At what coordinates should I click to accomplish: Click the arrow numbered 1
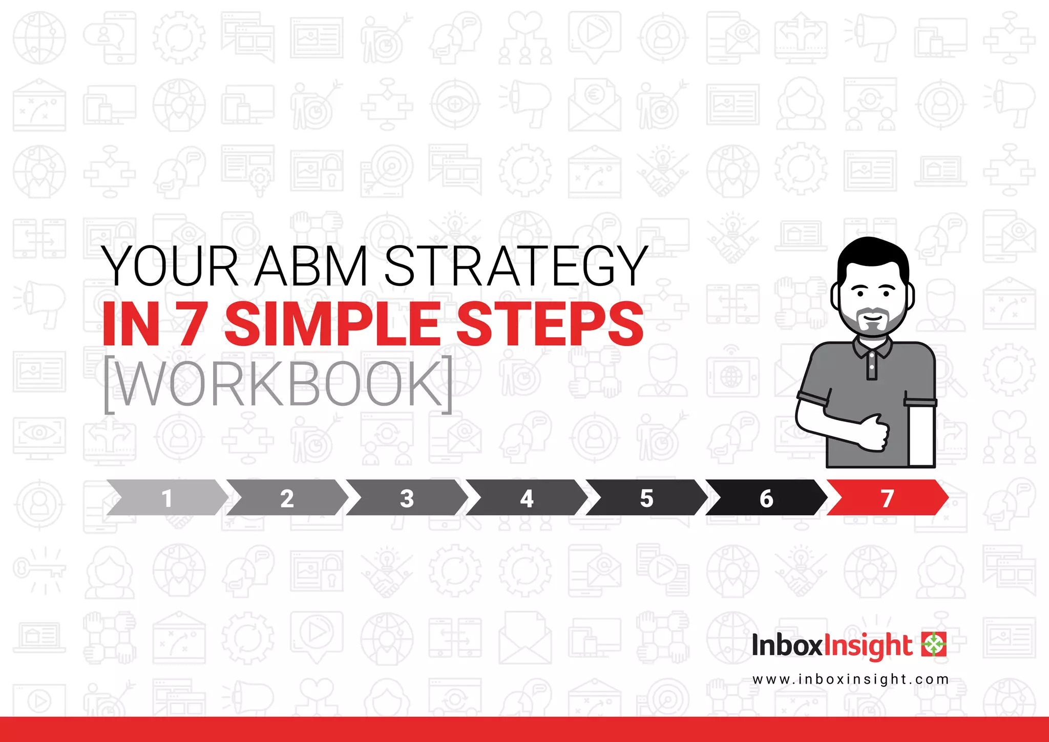167,498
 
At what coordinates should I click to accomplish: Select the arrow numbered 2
287,498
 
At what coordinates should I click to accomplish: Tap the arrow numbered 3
407,498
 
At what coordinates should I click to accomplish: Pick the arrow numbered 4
527,498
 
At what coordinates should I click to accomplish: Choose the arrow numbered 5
646,498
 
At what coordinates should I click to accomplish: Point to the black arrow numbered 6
766,498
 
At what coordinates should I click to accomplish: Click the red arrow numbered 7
887,498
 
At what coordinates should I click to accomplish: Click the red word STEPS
550,324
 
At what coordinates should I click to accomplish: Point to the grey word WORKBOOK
278,383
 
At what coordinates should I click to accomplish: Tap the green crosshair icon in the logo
933,644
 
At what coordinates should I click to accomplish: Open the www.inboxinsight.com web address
850,679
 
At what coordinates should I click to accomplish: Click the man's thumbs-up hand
874,432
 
